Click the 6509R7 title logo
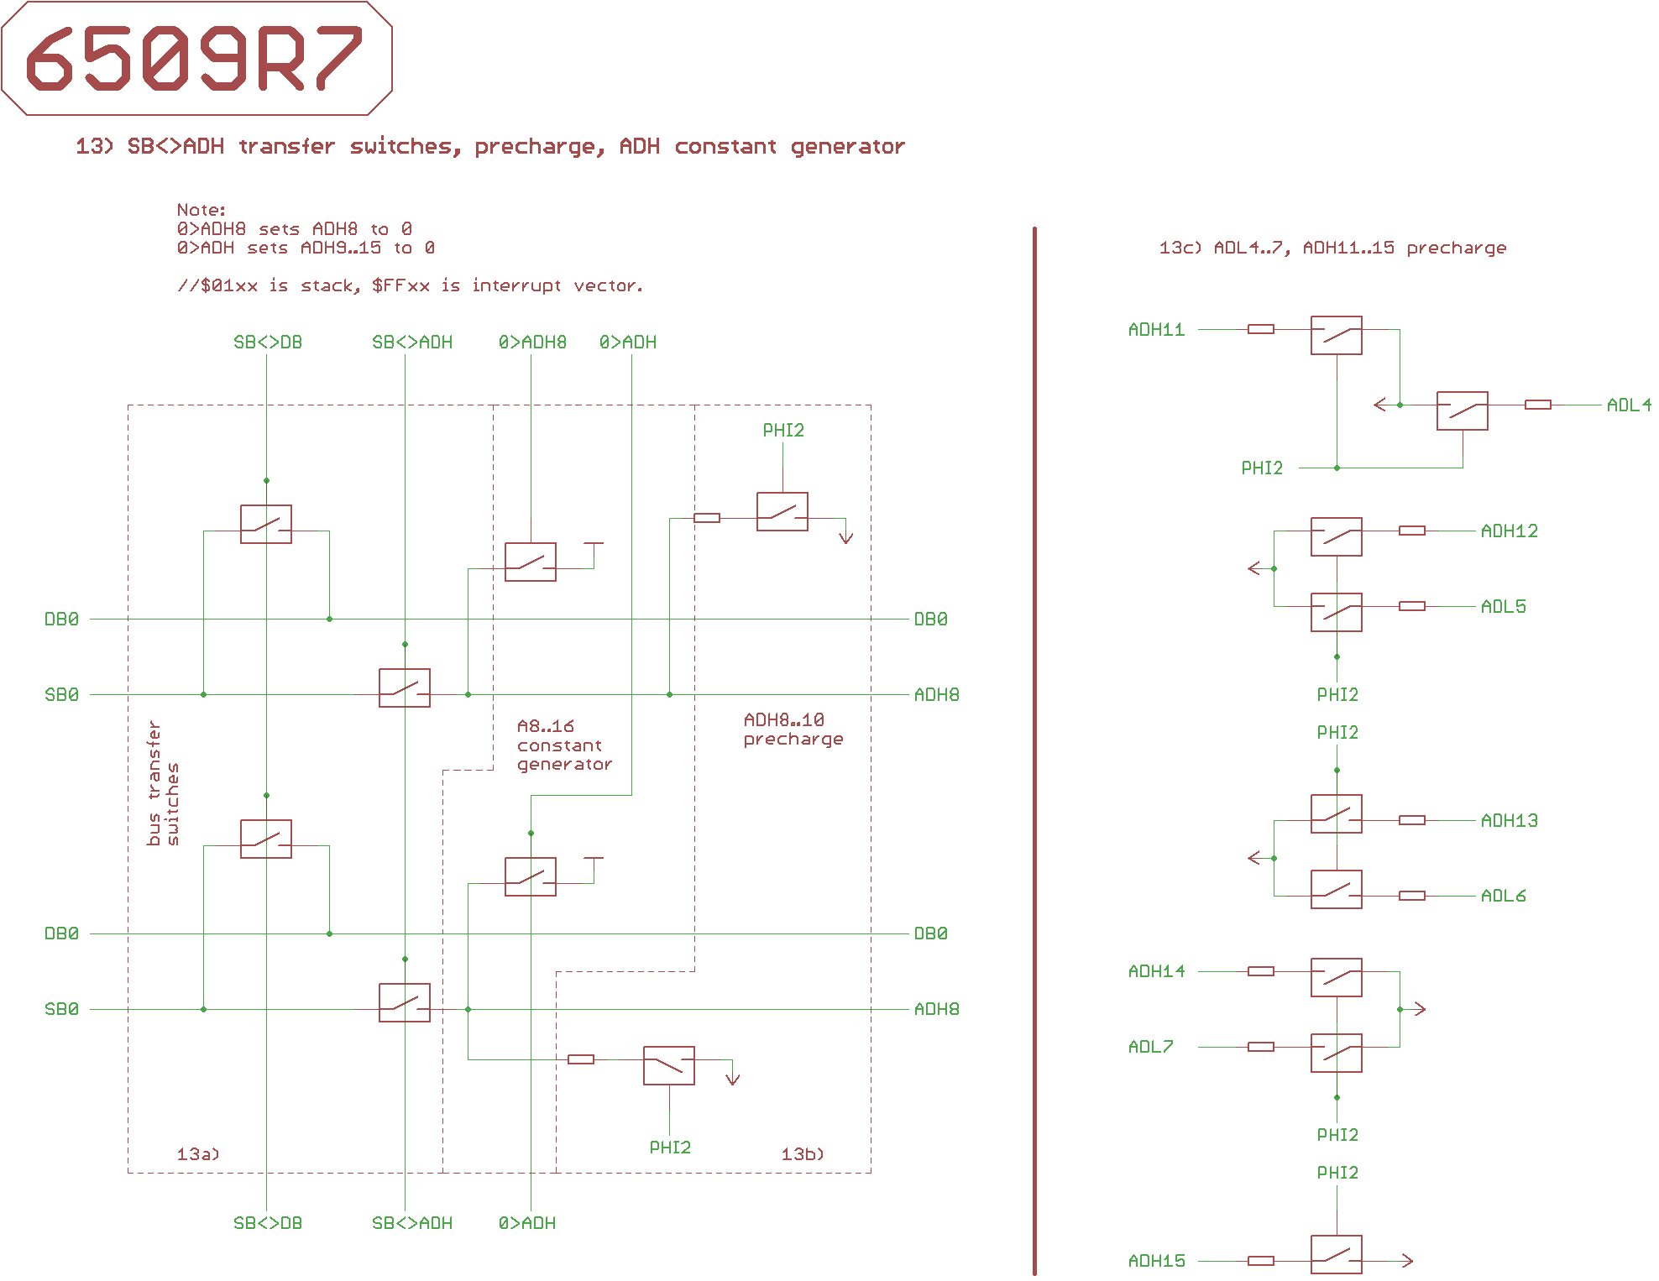pos(196,58)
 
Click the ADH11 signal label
pos(1156,330)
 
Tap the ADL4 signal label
pos(1628,405)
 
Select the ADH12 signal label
pos(1509,531)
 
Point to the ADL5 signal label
pos(1503,607)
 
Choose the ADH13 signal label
pos(1509,821)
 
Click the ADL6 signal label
pos(1503,897)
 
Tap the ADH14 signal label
pos(1156,972)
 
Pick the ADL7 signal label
pos(1150,1048)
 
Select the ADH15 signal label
pos(1156,1261)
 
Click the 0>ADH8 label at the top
pos(532,342)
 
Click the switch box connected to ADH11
pos(1336,335)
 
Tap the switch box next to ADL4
pos(1462,410)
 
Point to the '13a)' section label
pos(198,1154)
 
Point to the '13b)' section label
pos(803,1154)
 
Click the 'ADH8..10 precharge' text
pos(793,729)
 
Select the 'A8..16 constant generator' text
pos(564,745)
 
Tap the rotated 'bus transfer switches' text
pos(163,782)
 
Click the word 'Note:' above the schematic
pos(201,210)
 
